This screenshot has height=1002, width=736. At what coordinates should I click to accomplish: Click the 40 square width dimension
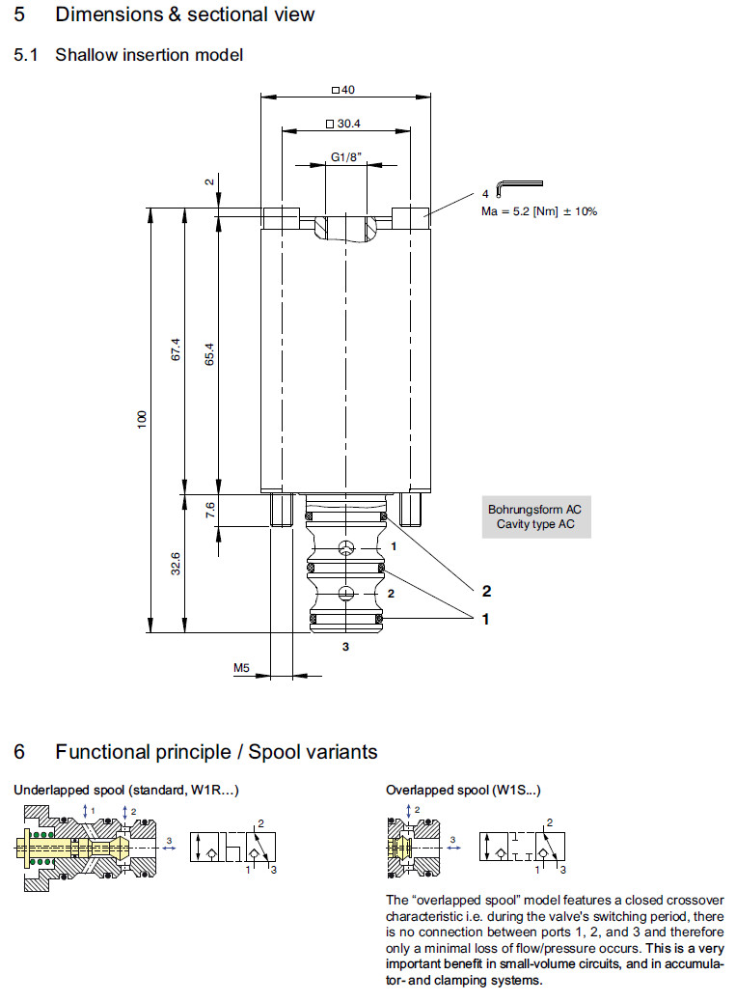coord(344,91)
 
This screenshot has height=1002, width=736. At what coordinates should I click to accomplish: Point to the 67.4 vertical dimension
coord(175,349)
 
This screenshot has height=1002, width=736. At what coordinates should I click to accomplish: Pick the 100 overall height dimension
coord(141,419)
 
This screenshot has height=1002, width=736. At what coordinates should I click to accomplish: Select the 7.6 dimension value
coord(209,510)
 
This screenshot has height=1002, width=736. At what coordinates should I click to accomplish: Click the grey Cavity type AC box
coord(534,516)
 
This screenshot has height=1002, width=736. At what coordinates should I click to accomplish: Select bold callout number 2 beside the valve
coord(487,590)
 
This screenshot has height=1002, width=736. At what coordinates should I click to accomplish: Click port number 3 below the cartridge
coord(345,647)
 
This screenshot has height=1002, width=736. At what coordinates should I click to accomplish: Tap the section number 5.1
coord(25,55)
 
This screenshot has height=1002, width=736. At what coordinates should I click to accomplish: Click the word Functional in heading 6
coord(103,751)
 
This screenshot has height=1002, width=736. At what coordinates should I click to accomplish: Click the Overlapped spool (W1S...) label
coord(463,790)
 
